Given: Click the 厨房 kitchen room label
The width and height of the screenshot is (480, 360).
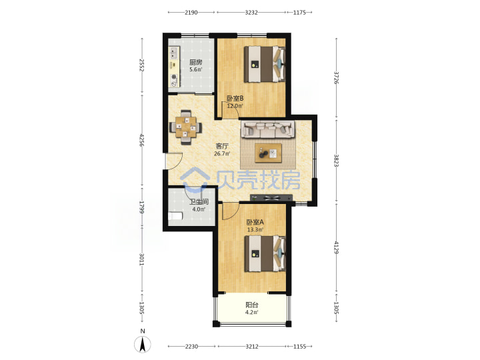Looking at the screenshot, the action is pos(195,62).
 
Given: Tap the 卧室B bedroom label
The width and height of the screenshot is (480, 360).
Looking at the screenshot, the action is pos(235,98).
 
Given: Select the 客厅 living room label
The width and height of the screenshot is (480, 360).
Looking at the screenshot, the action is pos(221,146).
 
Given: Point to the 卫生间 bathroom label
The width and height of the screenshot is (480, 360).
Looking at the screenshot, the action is pos(199,202).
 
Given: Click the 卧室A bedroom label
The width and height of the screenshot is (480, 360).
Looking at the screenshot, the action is pos(255,222).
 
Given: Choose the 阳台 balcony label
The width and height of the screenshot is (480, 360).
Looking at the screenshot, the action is pos(252,305).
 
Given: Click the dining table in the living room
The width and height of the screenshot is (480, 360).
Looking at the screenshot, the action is pos(186,127).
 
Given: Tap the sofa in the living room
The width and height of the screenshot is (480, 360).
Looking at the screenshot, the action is pos(268,129).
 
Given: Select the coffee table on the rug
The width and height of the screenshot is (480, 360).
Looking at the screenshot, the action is pos(269,153).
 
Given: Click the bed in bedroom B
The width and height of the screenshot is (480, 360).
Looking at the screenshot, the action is pos(265,64).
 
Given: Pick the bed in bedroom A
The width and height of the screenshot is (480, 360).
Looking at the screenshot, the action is pos(265,253).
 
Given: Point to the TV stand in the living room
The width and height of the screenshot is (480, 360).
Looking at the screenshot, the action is pos(271,197).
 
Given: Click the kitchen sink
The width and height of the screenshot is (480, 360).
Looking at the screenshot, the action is pos(173,53).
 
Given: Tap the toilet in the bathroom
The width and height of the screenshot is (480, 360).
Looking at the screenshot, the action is pos(175,216).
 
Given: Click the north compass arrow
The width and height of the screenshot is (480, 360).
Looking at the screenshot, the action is pos(143,344).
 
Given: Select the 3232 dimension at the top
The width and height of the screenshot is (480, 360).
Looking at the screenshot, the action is pos(251,13).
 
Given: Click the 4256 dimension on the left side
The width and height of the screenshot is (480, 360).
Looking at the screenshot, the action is pos(141,140).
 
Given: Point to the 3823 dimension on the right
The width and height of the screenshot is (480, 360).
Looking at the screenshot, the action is pos(336,161).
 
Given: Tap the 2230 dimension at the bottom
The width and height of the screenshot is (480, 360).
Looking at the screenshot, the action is pos(191,347).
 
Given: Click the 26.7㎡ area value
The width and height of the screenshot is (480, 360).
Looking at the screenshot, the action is pos(222,154).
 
